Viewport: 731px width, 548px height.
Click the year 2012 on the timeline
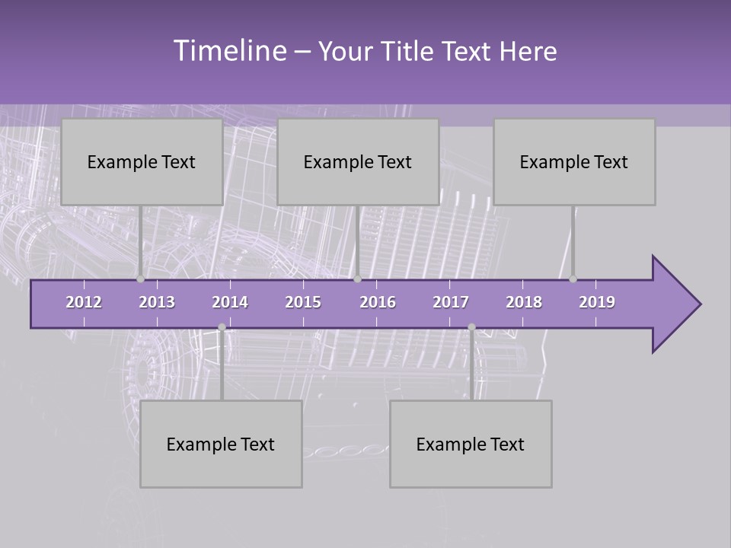point(84,302)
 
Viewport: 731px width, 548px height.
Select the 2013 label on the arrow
point(157,302)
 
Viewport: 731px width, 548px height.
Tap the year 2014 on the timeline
point(230,302)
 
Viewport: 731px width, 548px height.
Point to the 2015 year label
point(303,302)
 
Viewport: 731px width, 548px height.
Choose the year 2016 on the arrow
point(378,302)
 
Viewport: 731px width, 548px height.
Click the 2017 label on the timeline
point(451,302)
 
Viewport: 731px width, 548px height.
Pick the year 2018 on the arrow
point(524,302)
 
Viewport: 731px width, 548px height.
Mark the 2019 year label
point(597,302)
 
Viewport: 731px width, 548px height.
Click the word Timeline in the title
point(228,51)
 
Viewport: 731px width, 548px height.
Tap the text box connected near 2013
point(142,161)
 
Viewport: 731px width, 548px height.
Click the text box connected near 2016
point(358,161)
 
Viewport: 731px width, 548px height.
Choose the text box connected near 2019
point(574,161)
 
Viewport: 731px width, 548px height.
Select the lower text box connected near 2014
point(221,444)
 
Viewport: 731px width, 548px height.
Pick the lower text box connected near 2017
point(471,444)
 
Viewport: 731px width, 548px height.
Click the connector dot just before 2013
point(141,279)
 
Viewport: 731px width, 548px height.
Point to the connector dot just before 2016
point(357,279)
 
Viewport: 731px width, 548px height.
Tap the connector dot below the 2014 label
point(222,327)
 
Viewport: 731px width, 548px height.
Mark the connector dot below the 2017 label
point(471,327)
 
